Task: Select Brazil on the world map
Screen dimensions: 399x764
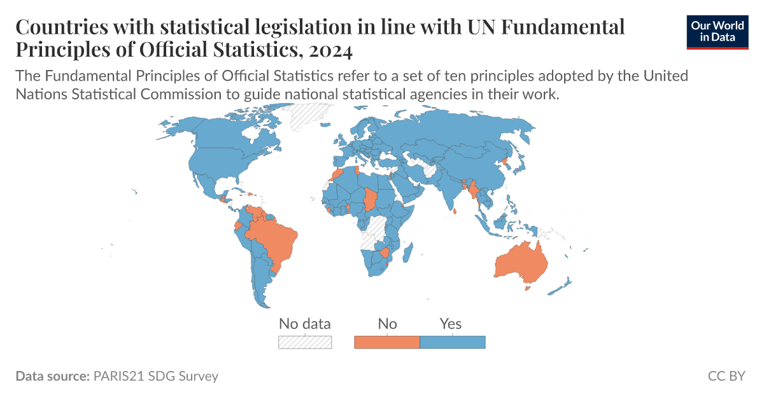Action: pyautogui.click(x=271, y=239)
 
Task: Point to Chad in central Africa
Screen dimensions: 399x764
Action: pyautogui.click(x=370, y=200)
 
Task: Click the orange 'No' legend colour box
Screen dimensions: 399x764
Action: pyautogui.click(x=386, y=342)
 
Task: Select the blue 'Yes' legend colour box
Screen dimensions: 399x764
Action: pyautogui.click(x=453, y=342)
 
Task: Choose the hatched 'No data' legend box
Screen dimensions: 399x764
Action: pyautogui.click(x=305, y=342)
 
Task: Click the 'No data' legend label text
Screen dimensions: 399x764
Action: pyautogui.click(x=305, y=324)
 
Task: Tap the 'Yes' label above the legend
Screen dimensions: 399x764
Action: pyautogui.click(x=451, y=324)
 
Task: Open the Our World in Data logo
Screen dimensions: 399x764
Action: pyautogui.click(x=718, y=32)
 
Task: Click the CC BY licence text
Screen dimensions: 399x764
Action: pyautogui.click(x=726, y=376)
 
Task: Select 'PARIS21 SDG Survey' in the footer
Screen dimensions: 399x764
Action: pyautogui.click(x=155, y=376)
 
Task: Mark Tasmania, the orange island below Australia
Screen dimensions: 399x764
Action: pyautogui.click(x=527, y=288)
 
